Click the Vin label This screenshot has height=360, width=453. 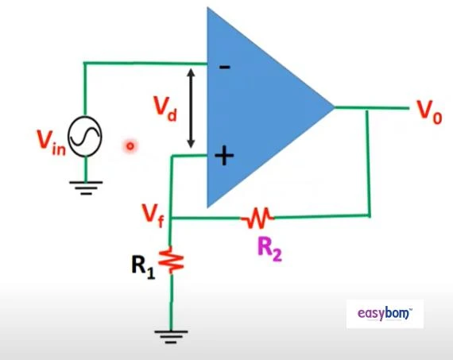(52, 143)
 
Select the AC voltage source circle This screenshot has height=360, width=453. (85, 136)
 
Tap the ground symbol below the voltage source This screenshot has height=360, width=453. (86, 188)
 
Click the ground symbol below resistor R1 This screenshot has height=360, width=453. (171, 337)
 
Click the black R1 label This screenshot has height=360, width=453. (143, 268)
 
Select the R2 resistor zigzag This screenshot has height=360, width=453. (257, 217)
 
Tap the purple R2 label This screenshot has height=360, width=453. (269, 250)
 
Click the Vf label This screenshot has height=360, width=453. (153, 215)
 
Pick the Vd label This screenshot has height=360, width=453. (165, 109)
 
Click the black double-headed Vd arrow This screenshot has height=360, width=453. (191, 108)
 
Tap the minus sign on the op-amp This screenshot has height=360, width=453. (225, 68)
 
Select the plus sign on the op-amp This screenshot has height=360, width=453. (224, 156)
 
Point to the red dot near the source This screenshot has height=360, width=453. (130, 146)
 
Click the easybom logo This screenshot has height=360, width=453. (385, 314)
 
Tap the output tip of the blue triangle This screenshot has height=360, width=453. (335, 107)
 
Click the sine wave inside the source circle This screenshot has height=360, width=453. (85, 136)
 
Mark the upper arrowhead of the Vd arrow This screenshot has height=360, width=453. (191, 72)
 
